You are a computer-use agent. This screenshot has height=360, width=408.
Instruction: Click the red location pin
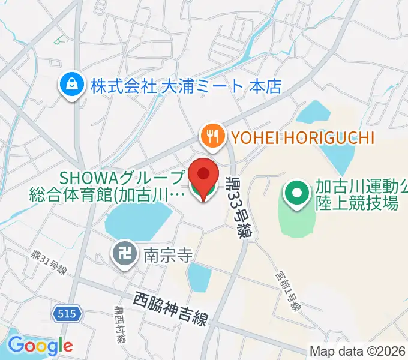point(204,175)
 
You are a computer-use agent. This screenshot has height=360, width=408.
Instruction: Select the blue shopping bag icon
point(71,86)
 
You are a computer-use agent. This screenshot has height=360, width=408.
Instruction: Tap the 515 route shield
point(67,313)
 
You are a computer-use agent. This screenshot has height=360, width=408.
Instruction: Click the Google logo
point(40,345)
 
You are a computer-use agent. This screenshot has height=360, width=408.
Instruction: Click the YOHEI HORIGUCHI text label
point(300,138)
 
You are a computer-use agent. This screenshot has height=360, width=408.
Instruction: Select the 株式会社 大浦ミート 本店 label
point(186,86)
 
